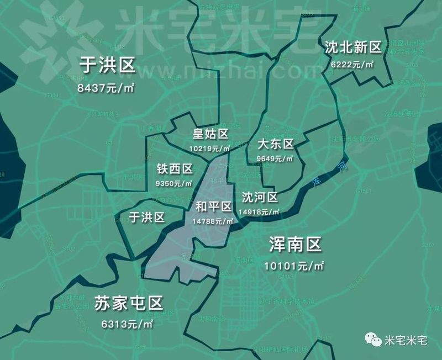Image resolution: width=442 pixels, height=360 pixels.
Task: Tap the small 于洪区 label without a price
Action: coord(146,216)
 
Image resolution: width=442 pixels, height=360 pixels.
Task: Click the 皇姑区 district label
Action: coord(210,134)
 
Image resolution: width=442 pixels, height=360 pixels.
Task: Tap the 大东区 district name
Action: coord(276,145)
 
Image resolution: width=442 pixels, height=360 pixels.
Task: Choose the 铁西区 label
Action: coord(175,169)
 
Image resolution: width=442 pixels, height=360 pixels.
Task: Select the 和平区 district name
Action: coord(214,207)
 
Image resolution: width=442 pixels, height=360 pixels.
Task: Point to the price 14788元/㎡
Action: coord(214,221)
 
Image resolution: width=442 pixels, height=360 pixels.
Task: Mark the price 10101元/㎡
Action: coord(294,266)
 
